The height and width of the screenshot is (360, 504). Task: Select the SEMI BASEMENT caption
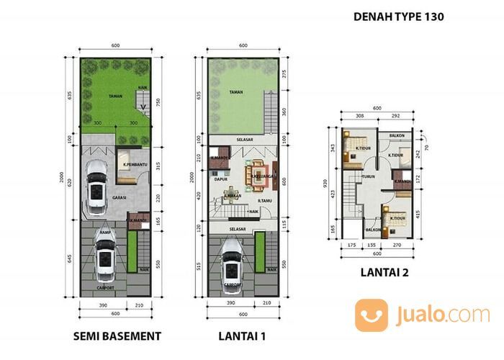pos(115,336)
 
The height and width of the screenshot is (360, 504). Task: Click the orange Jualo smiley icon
pos(371,315)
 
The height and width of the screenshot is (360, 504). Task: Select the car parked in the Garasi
pos(96,187)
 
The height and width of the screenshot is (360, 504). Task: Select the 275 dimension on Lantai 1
pos(284,74)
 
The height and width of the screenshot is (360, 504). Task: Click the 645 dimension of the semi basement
pos(69,258)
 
